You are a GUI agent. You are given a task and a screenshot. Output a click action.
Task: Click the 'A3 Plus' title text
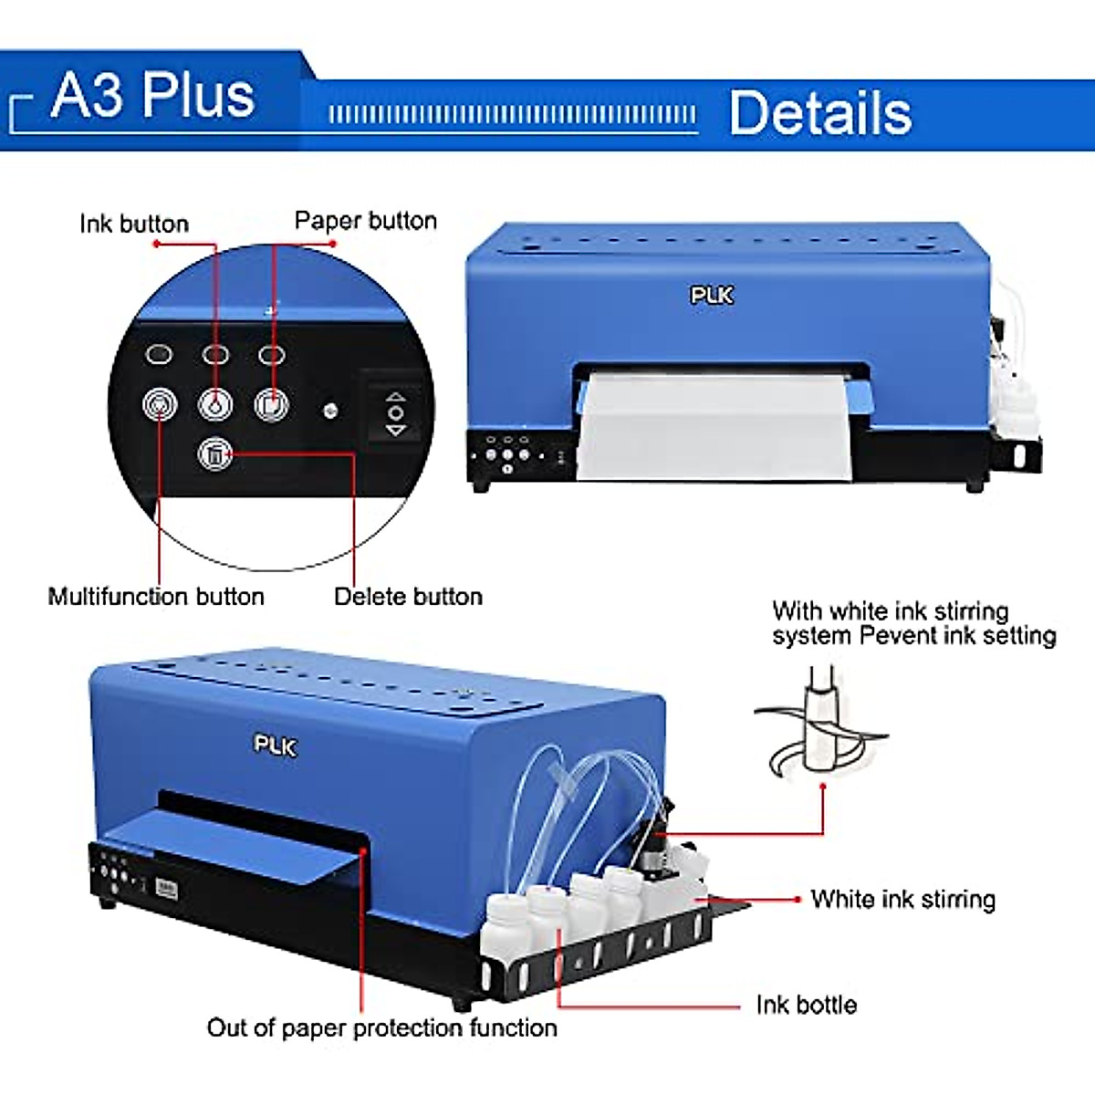(x=152, y=95)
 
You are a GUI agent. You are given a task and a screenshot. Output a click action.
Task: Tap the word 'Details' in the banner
(x=820, y=113)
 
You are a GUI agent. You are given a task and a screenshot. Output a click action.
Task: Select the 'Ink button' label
(x=134, y=224)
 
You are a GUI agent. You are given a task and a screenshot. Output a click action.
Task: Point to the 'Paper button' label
(x=365, y=221)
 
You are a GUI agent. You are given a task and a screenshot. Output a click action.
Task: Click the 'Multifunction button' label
(x=156, y=597)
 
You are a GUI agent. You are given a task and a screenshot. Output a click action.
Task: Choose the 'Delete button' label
(x=408, y=597)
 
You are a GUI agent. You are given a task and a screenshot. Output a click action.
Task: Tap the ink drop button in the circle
(x=215, y=404)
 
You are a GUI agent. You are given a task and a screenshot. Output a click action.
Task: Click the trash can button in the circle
(x=215, y=453)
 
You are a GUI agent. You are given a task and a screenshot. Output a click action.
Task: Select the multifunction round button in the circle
(x=160, y=404)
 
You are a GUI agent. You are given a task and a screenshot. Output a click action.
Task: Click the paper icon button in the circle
(x=271, y=404)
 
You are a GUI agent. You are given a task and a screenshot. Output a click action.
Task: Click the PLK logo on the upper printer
(x=711, y=295)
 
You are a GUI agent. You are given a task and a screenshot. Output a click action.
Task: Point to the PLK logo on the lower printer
(x=275, y=746)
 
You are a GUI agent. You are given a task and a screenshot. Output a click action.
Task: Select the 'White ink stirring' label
(x=902, y=900)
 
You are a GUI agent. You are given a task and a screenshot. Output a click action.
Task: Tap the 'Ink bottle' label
(x=807, y=1005)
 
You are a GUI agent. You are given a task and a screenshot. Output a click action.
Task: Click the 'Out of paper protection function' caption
(x=381, y=1028)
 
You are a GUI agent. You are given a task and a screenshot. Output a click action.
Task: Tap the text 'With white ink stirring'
(x=890, y=610)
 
